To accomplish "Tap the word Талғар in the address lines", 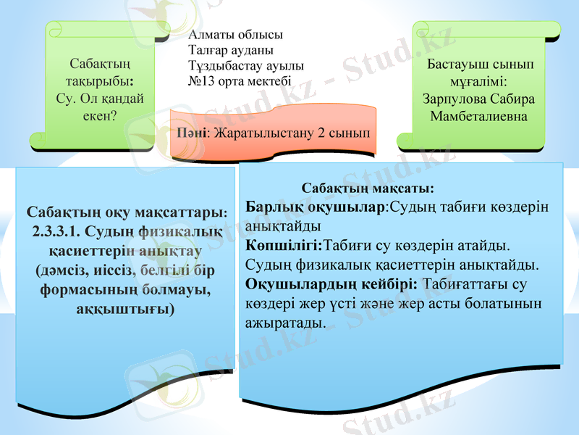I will pos(207,50).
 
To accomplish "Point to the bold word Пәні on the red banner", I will pos(191,133).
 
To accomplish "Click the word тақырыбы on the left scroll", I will pos(98,79).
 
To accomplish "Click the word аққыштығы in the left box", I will pos(125,308).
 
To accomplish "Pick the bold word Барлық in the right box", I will pos(271,207).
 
